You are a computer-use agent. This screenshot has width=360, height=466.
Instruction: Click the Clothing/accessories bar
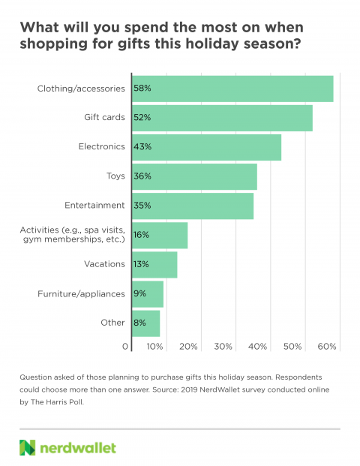pos(232,89)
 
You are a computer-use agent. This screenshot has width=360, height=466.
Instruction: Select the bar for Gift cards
pos(222,118)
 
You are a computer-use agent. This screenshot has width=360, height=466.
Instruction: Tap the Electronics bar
pos(207,147)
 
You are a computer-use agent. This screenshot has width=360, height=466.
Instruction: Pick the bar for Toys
pos(194,176)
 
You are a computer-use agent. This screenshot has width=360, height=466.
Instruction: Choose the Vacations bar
pos(154,265)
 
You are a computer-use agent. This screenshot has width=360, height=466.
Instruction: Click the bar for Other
pos(145,323)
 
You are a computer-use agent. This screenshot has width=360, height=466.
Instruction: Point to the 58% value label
pos(142,88)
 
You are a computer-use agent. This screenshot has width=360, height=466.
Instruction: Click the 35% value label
pos(142,206)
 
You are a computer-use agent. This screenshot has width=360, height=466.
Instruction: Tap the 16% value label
pos(141,235)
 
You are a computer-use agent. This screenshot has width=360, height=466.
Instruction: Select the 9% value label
pos(139,293)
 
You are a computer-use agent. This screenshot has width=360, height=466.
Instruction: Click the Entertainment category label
pos(94,205)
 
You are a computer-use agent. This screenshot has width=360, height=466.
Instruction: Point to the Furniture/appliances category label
pos(81,294)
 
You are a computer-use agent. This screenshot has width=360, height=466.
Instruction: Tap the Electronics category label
pos(101,146)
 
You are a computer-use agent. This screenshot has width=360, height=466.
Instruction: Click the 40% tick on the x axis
pos(257,347)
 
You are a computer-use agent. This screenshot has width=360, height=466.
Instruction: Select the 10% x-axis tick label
pos(154,347)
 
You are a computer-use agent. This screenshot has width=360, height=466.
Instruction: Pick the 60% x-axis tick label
pos(327,347)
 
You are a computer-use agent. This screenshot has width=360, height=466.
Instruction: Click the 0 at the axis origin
pos(125,347)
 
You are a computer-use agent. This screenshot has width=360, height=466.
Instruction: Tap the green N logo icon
pos(27,447)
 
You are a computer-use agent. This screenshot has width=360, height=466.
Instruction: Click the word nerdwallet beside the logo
pos(78,448)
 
